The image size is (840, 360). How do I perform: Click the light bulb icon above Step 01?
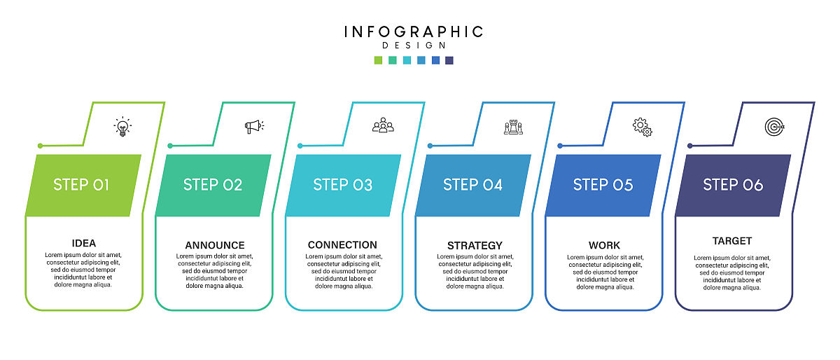tap(122, 127)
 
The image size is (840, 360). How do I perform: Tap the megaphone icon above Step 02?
tap(253, 126)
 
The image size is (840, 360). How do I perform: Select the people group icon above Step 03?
tap(383, 125)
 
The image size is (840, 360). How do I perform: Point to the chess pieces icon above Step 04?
tap(513, 127)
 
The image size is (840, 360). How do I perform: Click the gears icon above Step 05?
tap(642, 127)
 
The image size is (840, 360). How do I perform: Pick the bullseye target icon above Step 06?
tap(773, 127)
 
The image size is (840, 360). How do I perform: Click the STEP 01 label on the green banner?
tap(81, 185)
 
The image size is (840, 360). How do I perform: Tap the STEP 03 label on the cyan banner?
tap(342, 185)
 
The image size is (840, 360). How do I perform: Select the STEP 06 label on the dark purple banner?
tap(733, 185)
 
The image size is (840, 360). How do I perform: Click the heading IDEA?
tap(84, 244)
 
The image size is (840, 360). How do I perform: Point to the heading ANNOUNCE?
tap(215, 245)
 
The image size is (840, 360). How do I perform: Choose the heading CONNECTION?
tap(342, 245)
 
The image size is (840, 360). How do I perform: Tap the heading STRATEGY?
tap(475, 246)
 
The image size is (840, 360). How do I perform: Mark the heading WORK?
tap(604, 246)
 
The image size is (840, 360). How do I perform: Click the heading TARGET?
tap(732, 241)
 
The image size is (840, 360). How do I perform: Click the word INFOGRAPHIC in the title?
tap(414, 32)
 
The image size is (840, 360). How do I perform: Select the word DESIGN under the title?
tap(414, 46)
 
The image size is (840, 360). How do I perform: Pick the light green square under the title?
tap(379, 60)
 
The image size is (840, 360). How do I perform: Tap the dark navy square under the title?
tap(449, 60)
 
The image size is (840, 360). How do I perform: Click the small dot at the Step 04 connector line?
tap(430, 146)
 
